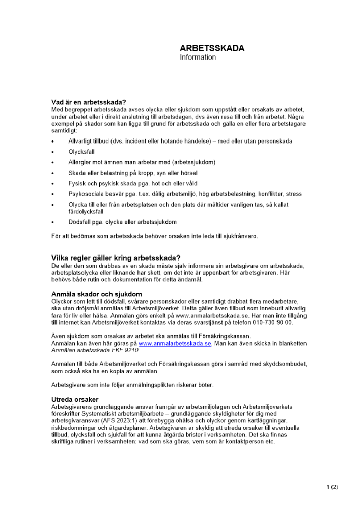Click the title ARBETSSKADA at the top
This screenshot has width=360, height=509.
(212, 48)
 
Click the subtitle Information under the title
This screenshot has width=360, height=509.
(198, 58)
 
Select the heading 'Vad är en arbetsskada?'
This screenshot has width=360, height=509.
(89, 102)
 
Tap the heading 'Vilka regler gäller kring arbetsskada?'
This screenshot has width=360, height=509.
(116, 258)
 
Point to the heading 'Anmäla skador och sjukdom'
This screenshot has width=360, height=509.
(97, 294)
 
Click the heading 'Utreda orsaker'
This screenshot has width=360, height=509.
(75, 399)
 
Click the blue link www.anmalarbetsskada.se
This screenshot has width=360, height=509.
(175, 344)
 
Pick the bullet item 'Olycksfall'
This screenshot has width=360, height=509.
(81, 152)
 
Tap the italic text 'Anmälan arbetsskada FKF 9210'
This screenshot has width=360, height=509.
(95, 351)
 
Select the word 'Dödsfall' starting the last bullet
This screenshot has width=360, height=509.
(80, 222)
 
